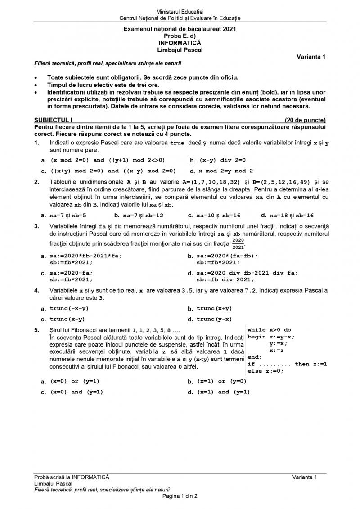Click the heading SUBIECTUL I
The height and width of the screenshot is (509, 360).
coord(53,120)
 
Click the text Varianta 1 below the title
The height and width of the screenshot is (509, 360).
coord(311,57)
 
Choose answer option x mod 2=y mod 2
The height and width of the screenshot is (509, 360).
coord(225,171)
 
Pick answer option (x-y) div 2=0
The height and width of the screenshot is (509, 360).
coord(222,160)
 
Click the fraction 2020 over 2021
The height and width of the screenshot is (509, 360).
coord(238,243)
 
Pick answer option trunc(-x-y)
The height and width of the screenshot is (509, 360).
coord(69,308)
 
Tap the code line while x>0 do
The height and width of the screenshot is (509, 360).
coord(269,329)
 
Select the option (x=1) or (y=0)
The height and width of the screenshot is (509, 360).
coord(221,381)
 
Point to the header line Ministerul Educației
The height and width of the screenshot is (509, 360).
coord(180,11)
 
